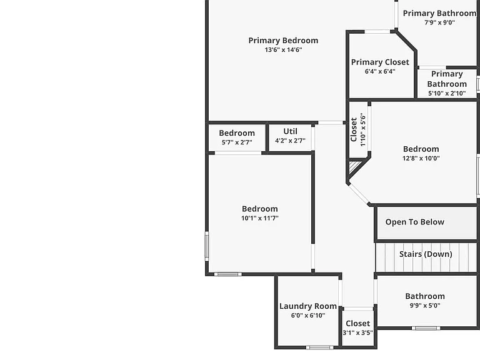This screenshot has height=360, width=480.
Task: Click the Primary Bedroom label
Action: pos(283,41)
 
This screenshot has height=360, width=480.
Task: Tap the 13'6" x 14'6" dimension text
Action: pos(283,49)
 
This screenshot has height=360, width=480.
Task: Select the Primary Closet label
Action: pos(380,62)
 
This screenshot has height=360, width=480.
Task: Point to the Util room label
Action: pos(290,131)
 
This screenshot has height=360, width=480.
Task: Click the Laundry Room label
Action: pos(308,306)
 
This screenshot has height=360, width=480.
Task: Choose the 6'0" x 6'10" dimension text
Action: pos(308,315)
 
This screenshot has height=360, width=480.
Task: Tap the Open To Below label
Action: pos(414,222)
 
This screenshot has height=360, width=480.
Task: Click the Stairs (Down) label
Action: pos(426,254)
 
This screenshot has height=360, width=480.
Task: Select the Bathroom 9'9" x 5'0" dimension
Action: pos(425,305)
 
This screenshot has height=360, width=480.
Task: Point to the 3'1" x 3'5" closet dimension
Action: pos(357,332)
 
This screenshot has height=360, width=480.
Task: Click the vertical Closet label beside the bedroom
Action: pos(354,130)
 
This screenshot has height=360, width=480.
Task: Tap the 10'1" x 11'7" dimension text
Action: pos(259,218)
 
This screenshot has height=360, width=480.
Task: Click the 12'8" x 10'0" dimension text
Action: pos(421,158)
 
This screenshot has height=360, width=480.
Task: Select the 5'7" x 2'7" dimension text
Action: pos(237,142)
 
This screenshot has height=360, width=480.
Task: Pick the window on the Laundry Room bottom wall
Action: pos(319,347)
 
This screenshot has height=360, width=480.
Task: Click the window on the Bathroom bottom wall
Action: pos(426,328)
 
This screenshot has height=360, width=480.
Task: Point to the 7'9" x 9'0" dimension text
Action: pos(439,22)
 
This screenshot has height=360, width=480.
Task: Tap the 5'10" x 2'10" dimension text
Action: pos(447,93)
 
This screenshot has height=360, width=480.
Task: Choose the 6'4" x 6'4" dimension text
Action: pos(380,71)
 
